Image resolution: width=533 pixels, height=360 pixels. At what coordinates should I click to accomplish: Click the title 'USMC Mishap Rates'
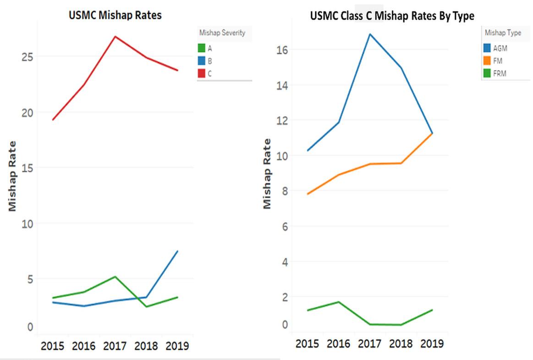click(x=115, y=15)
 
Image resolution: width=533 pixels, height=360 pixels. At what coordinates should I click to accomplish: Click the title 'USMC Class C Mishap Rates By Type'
click(x=392, y=16)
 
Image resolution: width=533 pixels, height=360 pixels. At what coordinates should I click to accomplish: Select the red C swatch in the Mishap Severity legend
click(x=202, y=73)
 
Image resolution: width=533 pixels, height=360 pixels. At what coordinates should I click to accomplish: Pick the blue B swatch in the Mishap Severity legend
click(x=202, y=61)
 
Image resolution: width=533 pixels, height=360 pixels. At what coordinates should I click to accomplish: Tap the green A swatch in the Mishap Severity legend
click(x=202, y=48)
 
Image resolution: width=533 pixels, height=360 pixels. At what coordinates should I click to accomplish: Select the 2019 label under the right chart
click(x=432, y=343)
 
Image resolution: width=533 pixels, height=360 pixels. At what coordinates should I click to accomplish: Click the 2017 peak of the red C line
click(x=115, y=36)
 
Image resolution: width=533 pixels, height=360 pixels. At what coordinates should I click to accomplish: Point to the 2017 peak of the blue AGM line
click(x=369, y=34)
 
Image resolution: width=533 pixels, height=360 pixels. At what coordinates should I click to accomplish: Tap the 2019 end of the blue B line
click(x=178, y=251)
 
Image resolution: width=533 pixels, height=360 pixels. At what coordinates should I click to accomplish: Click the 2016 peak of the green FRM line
click(x=339, y=302)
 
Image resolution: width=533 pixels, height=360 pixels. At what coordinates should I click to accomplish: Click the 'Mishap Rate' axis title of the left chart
click(x=13, y=176)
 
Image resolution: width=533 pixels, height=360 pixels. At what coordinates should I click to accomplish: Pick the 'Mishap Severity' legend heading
click(x=222, y=33)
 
